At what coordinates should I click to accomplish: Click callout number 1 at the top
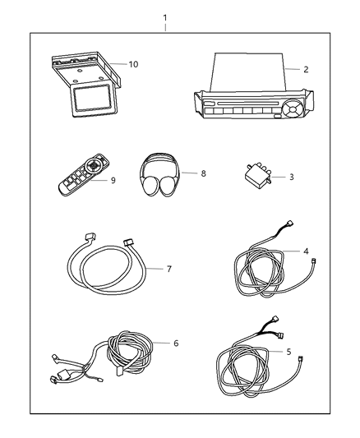(164, 17)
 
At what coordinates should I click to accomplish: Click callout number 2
(306, 70)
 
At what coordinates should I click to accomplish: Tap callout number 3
(281, 177)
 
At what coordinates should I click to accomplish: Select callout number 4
(306, 251)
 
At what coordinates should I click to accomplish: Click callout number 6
(174, 343)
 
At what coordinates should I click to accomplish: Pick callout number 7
(170, 268)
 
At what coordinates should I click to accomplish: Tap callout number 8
(193, 173)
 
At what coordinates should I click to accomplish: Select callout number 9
(114, 180)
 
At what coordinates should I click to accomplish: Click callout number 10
(133, 63)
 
